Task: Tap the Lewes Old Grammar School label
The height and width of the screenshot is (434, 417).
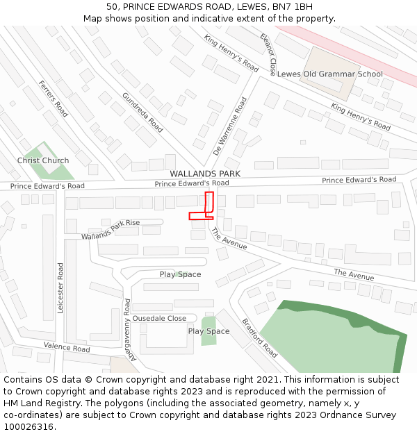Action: click(329, 74)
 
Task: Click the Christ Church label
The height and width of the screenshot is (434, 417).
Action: click(43, 160)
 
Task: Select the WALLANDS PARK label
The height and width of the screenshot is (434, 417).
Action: click(205, 174)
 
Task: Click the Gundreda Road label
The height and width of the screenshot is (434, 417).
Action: click(142, 112)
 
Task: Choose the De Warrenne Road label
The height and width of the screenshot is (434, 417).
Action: click(230, 125)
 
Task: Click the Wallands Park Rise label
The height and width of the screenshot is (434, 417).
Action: click(111, 230)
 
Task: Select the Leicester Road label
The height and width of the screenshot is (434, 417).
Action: click(61, 287)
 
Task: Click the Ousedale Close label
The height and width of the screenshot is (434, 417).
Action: click(159, 318)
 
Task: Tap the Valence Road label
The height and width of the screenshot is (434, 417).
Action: click(67, 347)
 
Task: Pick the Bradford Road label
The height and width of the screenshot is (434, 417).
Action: click(259, 338)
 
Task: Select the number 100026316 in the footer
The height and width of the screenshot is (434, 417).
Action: click(28, 427)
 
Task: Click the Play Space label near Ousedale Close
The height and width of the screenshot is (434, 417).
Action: click(208, 331)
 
